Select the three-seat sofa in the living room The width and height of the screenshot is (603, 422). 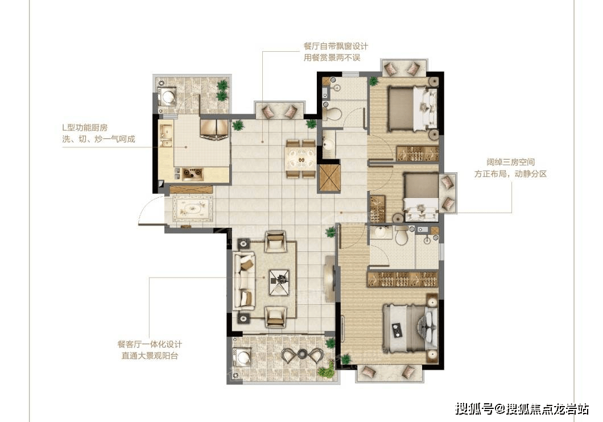click(246, 280)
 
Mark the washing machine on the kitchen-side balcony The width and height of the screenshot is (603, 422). click(168, 97)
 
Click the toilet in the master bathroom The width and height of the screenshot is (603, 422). click(402, 235)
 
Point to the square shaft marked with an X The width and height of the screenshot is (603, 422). click(329, 177)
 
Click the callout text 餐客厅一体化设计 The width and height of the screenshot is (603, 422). click(150, 345)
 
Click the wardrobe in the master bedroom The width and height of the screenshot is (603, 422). click(402, 279)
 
